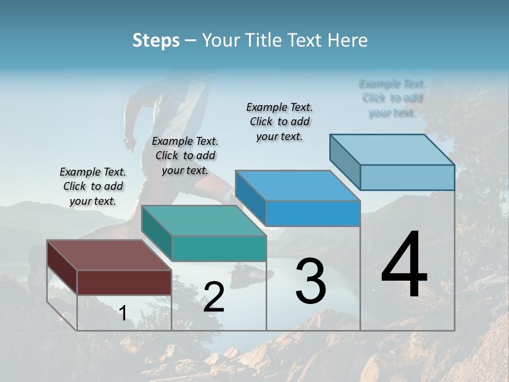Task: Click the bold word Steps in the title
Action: pyautogui.click(x=156, y=40)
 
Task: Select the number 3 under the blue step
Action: pyautogui.click(x=310, y=281)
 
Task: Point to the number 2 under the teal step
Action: pyautogui.click(x=214, y=297)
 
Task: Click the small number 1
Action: pyautogui.click(x=122, y=314)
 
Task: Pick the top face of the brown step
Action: pyautogui.click(x=109, y=255)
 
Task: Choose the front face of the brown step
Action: pyautogui.click(x=124, y=282)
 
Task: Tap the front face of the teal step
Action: pyautogui.click(x=219, y=248)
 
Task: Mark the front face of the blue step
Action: pyautogui.click(x=313, y=213)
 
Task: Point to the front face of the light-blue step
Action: pyautogui.click(x=407, y=177)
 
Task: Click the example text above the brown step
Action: pyautogui.click(x=93, y=187)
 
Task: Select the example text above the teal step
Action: pyautogui.click(x=185, y=156)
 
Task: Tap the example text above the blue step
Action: pyautogui.click(x=279, y=122)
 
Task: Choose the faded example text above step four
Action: pyautogui.click(x=392, y=98)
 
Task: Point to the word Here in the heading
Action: pyautogui.click(x=348, y=40)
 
